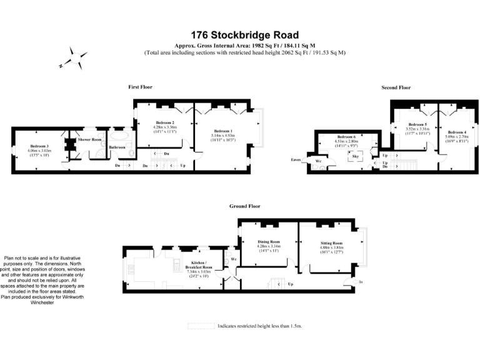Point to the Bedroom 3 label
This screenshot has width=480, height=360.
(37, 146)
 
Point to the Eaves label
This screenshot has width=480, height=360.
(296, 160)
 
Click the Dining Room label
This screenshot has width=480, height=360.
(269, 241)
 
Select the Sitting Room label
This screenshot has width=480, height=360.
(331, 242)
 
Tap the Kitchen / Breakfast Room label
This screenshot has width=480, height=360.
(199, 264)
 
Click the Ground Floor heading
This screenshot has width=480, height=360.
(244, 206)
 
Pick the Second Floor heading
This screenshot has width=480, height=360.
(396, 88)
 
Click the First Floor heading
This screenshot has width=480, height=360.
(140, 87)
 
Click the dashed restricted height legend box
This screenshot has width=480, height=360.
(200, 326)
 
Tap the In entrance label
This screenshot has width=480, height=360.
(361, 282)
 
